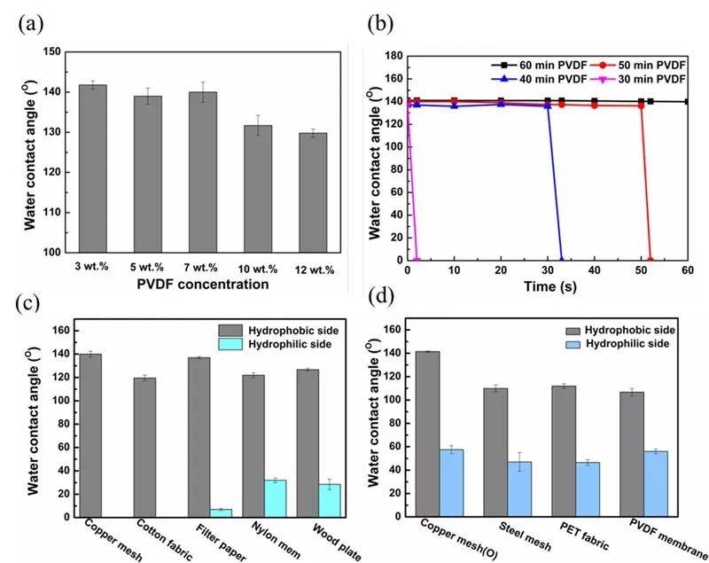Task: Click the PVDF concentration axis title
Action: [202, 285]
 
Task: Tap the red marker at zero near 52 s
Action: [651, 260]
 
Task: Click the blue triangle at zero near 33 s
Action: [561, 260]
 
